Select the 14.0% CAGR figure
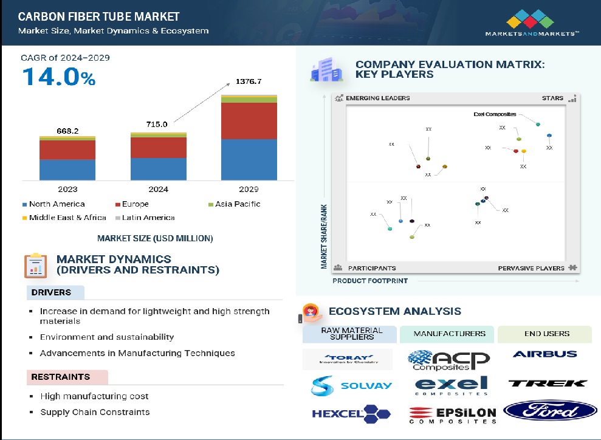pyautogui.click(x=59, y=77)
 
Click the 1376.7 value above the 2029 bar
pyautogui.click(x=249, y=81)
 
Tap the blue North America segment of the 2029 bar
pyautogui.click(x=249, y=160)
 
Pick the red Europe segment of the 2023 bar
pyautogui.click(x=67, y=150)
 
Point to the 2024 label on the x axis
pyautogui.click(x=158, y=188)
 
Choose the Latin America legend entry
pyautogui.click(x=148, y=218)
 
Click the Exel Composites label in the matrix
pyautogui.click(x=495, y=114)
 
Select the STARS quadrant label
pyautogui.click(x=552, y=98)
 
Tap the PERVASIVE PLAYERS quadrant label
pyautogui.click(x=531, y=268)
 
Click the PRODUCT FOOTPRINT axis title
pyautogui.click(x=370, y=281)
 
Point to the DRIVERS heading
pyautogui.click(x=51, y=292)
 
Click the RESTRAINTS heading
pyautogui.click(x=60, y=377)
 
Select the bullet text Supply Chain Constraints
pyautogui.click(x=95, y=412)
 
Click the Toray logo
pyautogui.click(x=348, y=359)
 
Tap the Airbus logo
pyautogui.click(x=544, y=354)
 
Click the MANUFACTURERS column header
pyautogui.click(x=449, y=334)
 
